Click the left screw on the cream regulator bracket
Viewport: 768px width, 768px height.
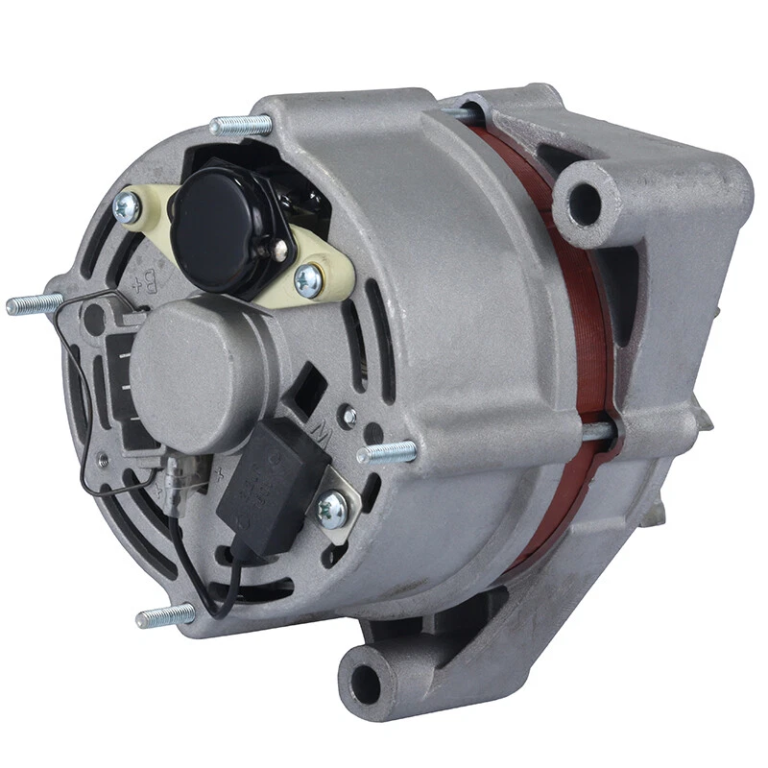[x=125, y=204]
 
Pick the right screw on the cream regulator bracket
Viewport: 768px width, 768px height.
[x=308, y=279]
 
